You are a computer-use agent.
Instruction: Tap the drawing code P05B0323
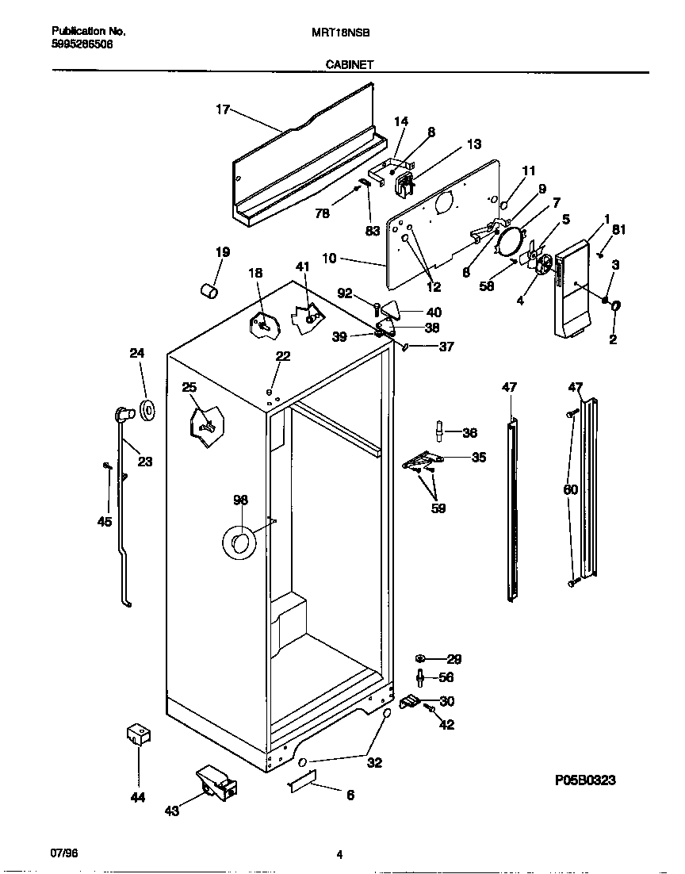(585, 780)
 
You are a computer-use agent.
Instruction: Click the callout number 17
(223, 109)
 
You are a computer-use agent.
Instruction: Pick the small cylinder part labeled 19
(209, 292)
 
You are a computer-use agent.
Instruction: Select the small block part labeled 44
(139, 734)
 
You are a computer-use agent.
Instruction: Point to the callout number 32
(374, 763)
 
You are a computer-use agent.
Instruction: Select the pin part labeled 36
(438, 431)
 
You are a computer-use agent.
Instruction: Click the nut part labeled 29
(421, 658)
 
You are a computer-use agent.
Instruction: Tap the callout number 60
(570, 490)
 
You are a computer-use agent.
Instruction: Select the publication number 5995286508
(82, 45)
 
